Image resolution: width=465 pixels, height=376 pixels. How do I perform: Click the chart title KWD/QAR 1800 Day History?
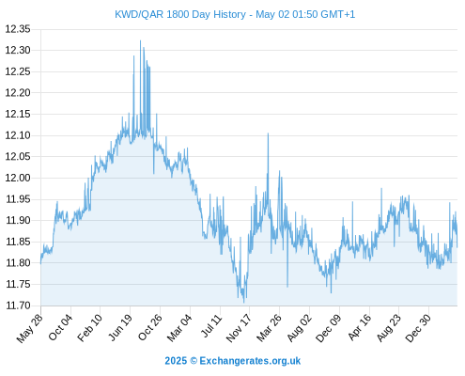(x=180, y=14)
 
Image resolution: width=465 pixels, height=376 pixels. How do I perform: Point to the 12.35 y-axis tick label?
(x=18, y=29)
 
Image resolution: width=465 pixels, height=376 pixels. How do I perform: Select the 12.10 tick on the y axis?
(x=18, y=135)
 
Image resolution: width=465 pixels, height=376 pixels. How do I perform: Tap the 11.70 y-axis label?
(x=18, y=305)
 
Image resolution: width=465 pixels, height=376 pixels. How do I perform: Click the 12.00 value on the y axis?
(x=18, y=178)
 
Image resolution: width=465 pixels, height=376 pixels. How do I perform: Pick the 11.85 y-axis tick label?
(x=18, y=242)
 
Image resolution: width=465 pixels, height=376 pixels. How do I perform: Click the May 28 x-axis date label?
(x=30, y=328)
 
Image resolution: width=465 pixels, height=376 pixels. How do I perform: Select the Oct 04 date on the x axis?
(x=60, y=327)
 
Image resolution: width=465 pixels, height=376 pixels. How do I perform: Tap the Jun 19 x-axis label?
(x=120, y=327)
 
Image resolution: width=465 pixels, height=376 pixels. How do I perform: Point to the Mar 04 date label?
(x=179, y=328)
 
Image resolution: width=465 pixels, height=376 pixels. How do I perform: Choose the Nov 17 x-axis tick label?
(x=239, y=328)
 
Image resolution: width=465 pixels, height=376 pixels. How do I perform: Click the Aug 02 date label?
(x=300, y=328)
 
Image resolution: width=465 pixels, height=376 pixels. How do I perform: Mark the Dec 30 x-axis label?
(x=418, y=328)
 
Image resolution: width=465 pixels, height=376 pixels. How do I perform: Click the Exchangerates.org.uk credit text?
(x=250, y=361)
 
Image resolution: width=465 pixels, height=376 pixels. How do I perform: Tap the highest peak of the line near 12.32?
(x=140, y=40)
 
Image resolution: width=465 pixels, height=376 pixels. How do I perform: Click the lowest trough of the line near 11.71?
(x=244, y=303)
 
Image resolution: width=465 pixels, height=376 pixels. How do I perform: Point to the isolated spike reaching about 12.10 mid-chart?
(x=268, y=133)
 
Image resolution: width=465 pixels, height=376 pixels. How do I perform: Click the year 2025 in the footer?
(x=176, y=361)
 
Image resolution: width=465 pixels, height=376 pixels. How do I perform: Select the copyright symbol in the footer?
(x=194, y=361)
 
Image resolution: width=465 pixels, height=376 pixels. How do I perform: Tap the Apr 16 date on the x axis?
(x=360, y=327)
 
